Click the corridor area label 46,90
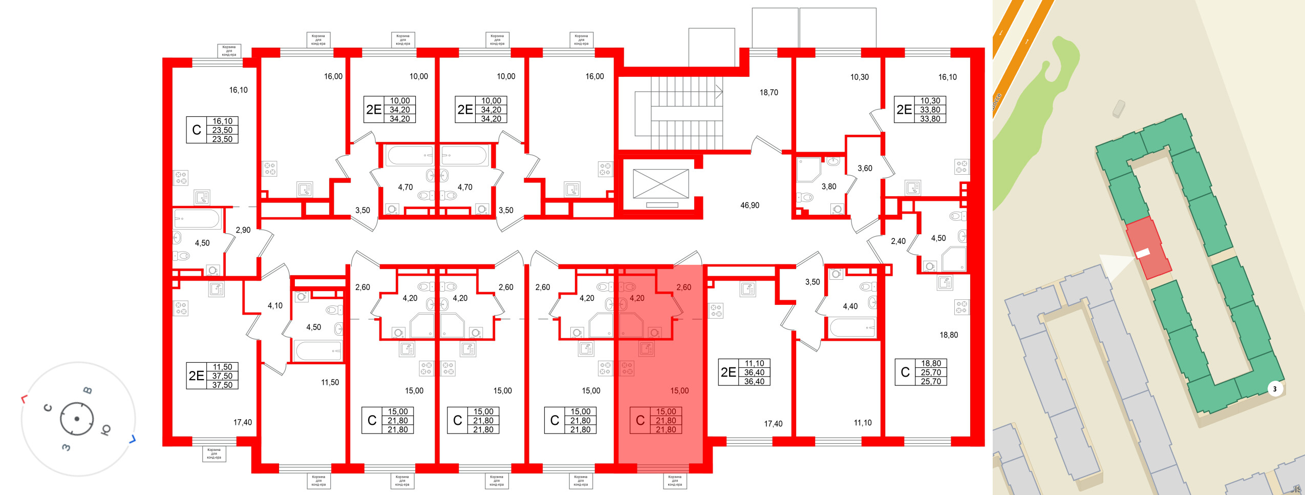(x=750, y=205)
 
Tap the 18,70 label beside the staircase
(x=768, y=93)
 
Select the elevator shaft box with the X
(x=660, y=184)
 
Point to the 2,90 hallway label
(x=243, y=230)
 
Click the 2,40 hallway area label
(x=898, y=241)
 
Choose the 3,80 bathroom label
(x=829, y=187)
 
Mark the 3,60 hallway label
(x=865, y=168)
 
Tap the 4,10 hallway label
(x=275, y=306)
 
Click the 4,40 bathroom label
(x=850, y=306)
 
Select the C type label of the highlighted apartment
(x=640, y=421)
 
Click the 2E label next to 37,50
(x=197, y=376)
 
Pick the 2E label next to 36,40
(x=729, y=373)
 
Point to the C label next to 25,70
(x=905, y=373)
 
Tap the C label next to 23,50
(x=197, y=130)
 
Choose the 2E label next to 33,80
(x=904, y=110)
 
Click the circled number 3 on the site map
(x=1275, y=389)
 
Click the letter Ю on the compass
(x=106, y=429)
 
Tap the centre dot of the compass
(x=77, y=419)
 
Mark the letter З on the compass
(x=66, y=447)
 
